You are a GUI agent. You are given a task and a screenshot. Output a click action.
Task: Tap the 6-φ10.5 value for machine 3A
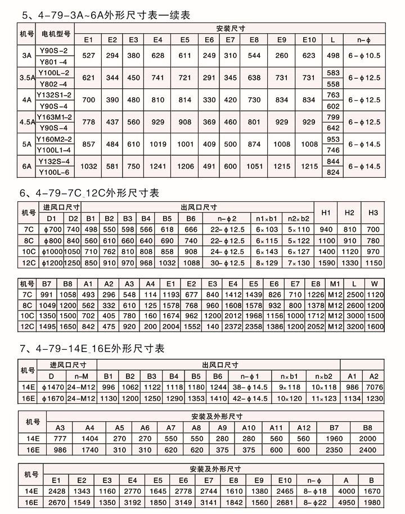(364, 56)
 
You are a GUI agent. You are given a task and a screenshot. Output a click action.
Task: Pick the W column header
(373, 283)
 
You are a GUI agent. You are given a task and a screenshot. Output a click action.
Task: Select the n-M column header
(78, 376)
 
